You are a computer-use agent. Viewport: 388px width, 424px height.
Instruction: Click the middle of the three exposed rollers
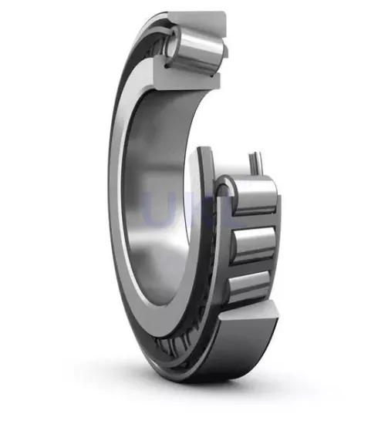(x=255, y=244)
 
